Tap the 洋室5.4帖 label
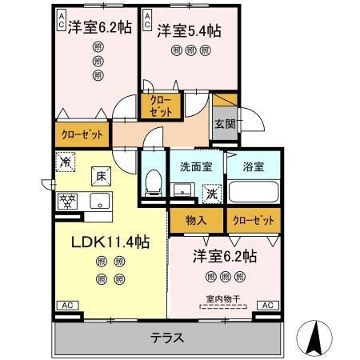[188, 30]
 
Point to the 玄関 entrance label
[224, 123]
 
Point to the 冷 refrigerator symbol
[65, 162]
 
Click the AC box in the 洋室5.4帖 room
[148, 20]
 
